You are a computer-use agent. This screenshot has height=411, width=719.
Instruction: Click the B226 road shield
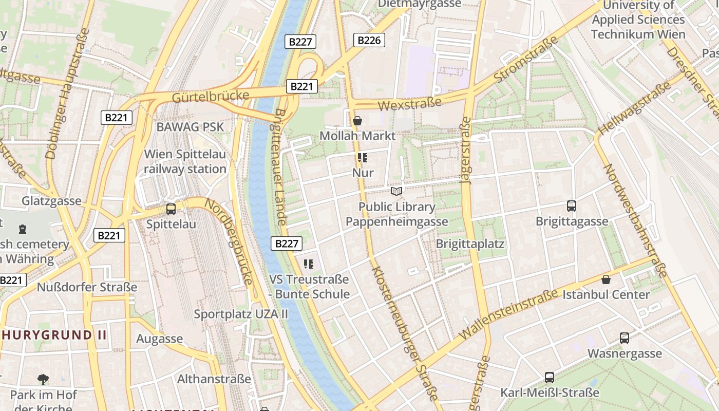[369, 40]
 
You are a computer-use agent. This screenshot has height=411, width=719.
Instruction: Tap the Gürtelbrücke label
[211, 96]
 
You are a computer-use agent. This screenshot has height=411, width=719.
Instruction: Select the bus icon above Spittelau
[171, 209]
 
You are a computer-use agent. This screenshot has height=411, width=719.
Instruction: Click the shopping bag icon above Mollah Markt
[357, 121]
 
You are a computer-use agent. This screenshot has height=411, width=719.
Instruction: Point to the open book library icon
[396, 192]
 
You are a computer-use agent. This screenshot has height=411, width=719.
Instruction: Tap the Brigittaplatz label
[470, 244]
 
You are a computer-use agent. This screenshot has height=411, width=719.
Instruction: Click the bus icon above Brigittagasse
[572, 206]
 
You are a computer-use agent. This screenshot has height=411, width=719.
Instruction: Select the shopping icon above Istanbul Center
[606, 279]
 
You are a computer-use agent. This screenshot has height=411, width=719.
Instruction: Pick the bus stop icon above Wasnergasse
[625, 338]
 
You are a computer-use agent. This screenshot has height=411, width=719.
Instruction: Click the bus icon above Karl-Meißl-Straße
[550, 378]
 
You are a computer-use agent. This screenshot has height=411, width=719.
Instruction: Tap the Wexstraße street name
[409, 104]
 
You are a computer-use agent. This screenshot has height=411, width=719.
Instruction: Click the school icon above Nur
[363, 158]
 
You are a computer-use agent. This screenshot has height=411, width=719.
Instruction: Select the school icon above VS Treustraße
[309, 265]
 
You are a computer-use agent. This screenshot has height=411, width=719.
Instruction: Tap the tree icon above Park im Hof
[43, 380]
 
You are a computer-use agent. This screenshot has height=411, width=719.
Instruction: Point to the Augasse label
[159, 339]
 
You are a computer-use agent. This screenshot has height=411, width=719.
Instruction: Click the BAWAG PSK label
[191, 126]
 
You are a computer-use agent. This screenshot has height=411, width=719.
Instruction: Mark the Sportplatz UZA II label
[241, 313]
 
